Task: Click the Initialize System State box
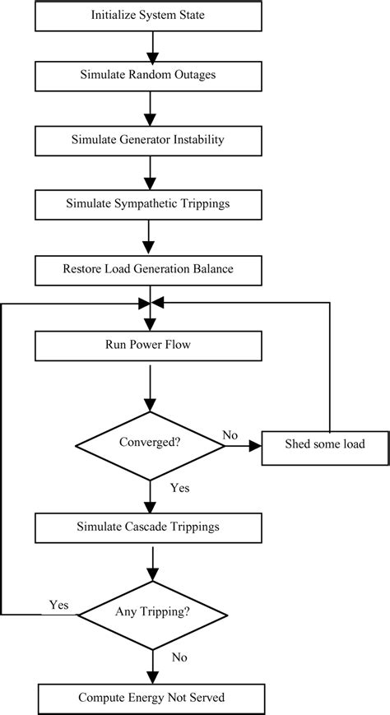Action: [x=148, y=15]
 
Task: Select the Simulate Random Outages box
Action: [x=148, y=76]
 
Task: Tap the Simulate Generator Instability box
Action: [x=148, y=141]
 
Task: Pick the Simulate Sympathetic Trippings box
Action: [x=148, y=204]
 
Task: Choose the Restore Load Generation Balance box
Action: [x=148, y=270]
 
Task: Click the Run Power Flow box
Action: [x=148, y=345]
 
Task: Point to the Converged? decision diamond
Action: [x=150, y=445]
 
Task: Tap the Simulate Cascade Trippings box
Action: [x=148, y=527]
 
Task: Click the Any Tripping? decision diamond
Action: [x=152, y=615]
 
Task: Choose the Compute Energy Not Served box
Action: [x=152, y=699]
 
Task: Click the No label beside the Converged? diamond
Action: [x=230, y=435]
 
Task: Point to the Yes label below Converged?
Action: [x=180, y=488]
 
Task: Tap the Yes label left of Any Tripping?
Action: [x=59, y=605]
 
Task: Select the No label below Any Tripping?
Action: [x=179, y=657]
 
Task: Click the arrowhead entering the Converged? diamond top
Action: [x=150, y=405]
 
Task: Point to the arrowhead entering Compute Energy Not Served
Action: [x=152, y=677]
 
